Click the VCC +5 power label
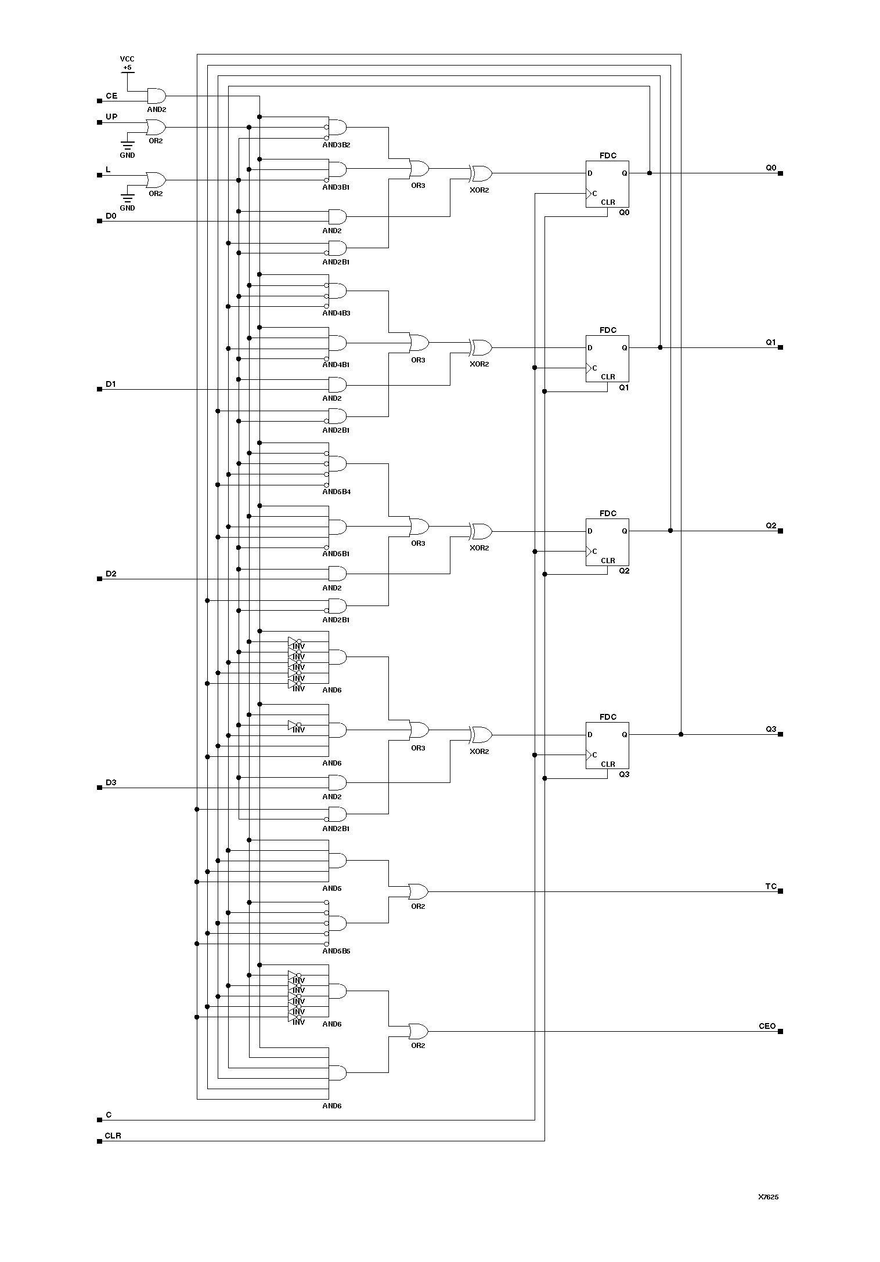pyautogui.click(x=127, y=63)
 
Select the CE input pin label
pyautogui.click(x=111, y=96)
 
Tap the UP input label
pyautogui.click(x=111, y=117)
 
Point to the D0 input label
pyautogui.click(x=111, y=216)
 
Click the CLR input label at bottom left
pyautogui.click(x=113, y=1136)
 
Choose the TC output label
pyautogui.click(x=770, y=886)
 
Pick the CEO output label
pyautogui.click(x=767, y=1026)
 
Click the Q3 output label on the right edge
pyautogui.click(x=770, y=729)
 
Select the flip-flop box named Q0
pyautogui.click(x=607, y=184)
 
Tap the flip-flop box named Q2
pyautogui.click(x=607, y=542)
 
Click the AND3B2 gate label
pyautogui.click(x=336, y=145)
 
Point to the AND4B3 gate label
pyautogui.click(x=336, y=313)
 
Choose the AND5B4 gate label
pyautogui.click(x=336, y=492)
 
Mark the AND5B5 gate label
pyautogui.click(x=336, y=951)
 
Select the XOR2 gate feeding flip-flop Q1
pyautogui.click(x=481, y=348)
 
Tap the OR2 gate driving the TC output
pyautogui.click(x=418, y=891)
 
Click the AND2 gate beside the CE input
pyautogui.click(x=156, y=96)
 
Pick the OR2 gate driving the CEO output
pyautogui.click(x=418, y=1031)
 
